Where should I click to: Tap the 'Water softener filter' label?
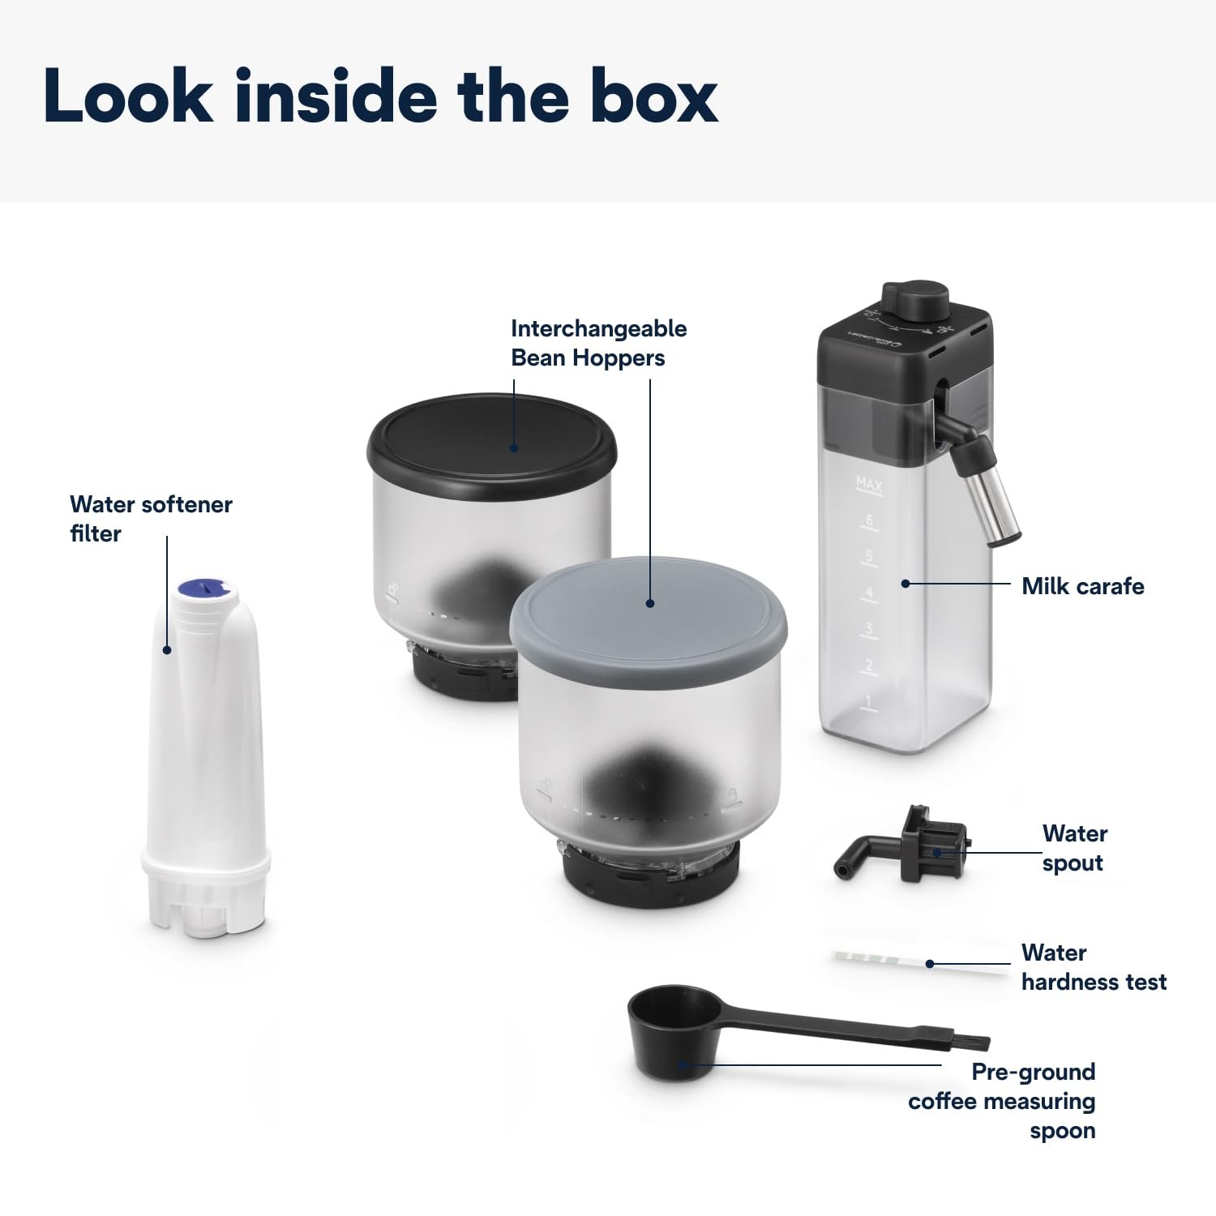click(x=151, y=519)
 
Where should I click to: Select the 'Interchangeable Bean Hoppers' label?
click(x=598, y=343)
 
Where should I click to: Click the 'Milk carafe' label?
click(x=1082, y=586)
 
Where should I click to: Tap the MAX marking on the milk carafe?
click(x=869, y=485)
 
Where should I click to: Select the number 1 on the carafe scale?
click(x=867, y=701)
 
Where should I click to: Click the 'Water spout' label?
click(x=1074, y=848)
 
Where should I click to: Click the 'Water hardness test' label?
click(x=1093, y=967)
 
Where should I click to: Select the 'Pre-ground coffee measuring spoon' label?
click(x=1003, y=1101)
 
